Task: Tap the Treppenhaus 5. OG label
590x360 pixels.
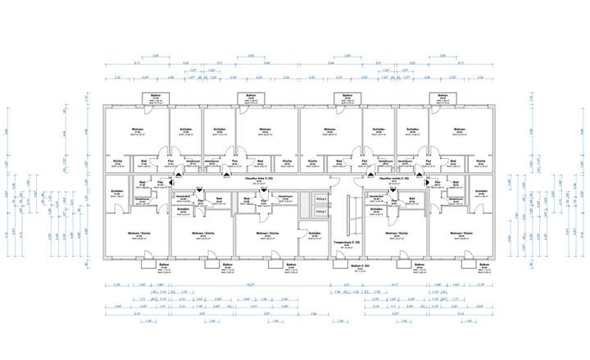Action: tap(342, 243)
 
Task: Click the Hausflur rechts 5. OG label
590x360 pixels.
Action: tap(395, 175)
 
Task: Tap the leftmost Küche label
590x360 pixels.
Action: tap(117, 160)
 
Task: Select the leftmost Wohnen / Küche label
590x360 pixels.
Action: tap(138, 235)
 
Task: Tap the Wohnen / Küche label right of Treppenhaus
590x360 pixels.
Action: tap(397, 235)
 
